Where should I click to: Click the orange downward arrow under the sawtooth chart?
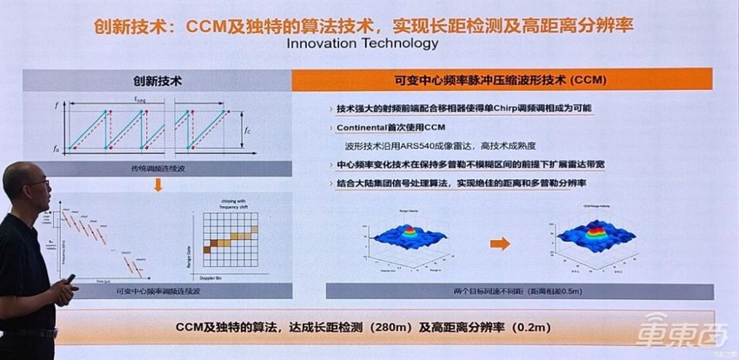point(159,185)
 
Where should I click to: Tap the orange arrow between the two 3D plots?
point(500,244)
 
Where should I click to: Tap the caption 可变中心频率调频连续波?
point(158,293)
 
